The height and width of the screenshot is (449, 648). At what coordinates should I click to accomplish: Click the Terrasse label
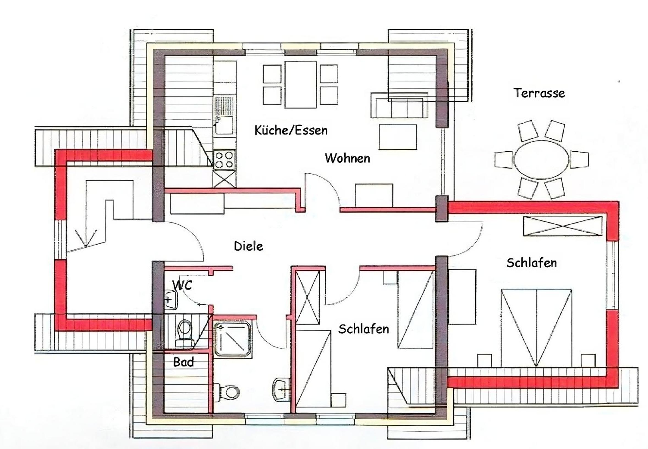tap(539, 93)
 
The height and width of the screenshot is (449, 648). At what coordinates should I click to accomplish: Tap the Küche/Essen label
tap(291, 130)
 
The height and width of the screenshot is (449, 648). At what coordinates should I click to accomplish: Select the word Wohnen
tap(347, 158)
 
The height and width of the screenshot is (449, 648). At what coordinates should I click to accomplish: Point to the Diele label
tap(249, 246)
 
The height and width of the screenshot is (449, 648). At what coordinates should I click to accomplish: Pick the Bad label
tap(183, 362)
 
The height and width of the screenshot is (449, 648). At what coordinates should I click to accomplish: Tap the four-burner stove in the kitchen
tap(224, 160)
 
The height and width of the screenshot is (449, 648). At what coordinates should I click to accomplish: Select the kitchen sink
tap(224, 125)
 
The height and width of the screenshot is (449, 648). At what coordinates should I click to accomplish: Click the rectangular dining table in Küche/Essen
tap(300, 84)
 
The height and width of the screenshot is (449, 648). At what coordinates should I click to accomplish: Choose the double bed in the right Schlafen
tap(536, 328)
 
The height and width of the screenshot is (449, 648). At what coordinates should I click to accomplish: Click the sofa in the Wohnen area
tap(399, 105)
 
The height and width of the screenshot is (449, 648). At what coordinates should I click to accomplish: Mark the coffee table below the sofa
tap(398, 137)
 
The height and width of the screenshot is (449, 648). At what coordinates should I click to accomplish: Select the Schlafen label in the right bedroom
tap(532, 263)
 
